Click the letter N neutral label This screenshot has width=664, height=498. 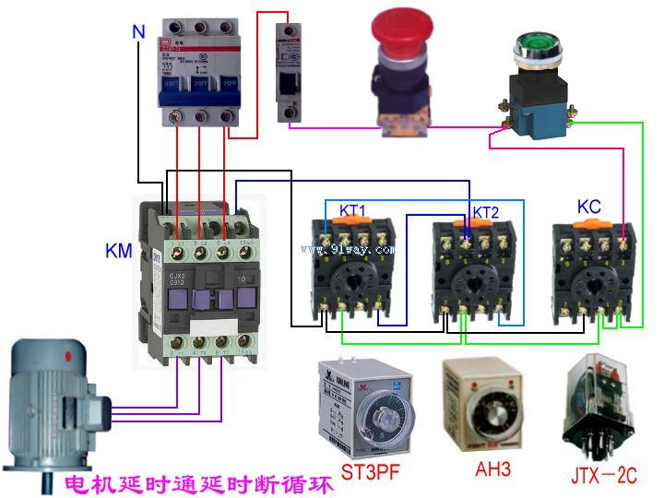138,31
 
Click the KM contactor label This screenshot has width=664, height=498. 119,250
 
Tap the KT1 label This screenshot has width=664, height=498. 351,211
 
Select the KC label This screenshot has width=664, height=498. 589,206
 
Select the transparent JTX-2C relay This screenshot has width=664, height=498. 600,405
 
